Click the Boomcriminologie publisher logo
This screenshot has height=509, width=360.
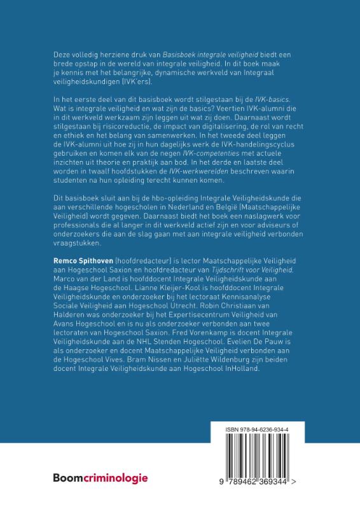pyautogui.click(x=100, y=477)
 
